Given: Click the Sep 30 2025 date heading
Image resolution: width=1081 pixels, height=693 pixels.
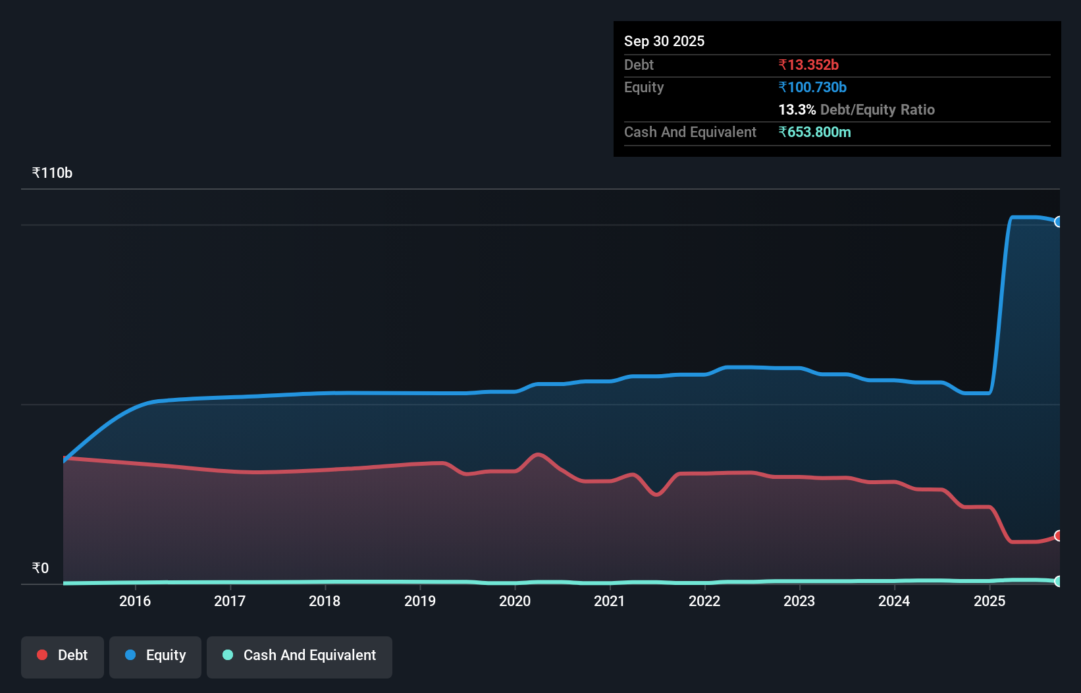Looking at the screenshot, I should tap(664, 41).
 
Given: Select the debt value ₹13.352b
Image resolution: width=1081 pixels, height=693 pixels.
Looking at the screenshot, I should tap(808, 65).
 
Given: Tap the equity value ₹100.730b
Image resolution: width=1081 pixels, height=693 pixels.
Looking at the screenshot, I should tap(812, 87).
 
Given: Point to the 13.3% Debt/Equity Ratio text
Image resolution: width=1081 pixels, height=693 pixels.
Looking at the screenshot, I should tap(856, 109).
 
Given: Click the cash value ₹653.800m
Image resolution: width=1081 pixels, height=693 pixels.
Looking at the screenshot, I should tap(814, 132).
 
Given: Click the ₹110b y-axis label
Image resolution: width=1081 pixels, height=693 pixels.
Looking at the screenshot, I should tap(52, 173).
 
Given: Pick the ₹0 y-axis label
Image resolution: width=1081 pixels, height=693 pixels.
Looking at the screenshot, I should tap(40, 568).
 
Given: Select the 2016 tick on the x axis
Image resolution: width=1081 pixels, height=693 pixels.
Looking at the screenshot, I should tap(135, 601).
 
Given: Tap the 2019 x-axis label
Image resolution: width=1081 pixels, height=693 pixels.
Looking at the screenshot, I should tap(420, 601).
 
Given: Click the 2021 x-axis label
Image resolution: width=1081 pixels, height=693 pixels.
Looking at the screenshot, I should tap(610, 601).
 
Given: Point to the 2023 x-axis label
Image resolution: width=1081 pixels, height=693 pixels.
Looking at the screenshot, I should tap(799, 601).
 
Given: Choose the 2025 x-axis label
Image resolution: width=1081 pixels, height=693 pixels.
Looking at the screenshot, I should tap(989, 601).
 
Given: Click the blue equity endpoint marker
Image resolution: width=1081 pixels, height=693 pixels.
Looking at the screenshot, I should tap(1058, 222).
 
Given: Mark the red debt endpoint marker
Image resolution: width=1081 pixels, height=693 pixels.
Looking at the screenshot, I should tap(1058, 536).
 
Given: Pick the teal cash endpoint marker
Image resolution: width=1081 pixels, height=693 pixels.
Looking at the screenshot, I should tap(1058, 581).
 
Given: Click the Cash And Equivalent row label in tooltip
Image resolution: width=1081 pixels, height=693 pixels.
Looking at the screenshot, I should tap(690, 132).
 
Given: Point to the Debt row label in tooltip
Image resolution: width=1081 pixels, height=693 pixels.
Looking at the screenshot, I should tap(639, 65).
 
